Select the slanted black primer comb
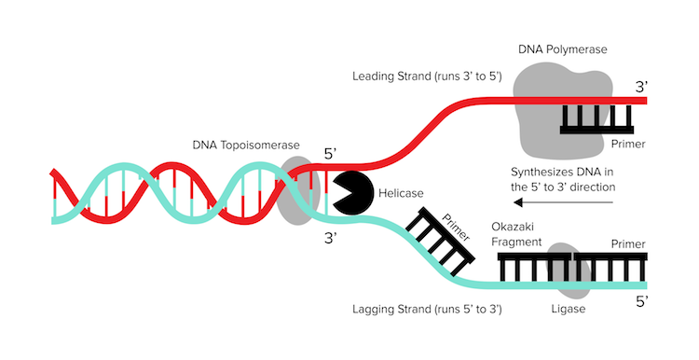(x=439, y=242)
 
